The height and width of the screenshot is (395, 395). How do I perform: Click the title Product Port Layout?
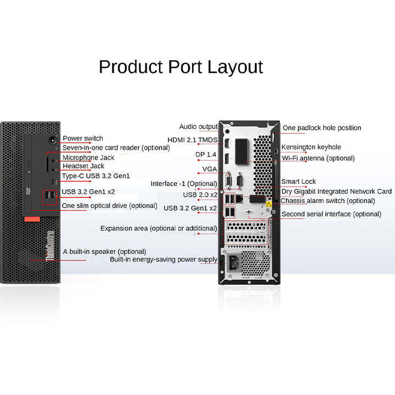coord(180,67)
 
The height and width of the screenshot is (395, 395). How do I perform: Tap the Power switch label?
coord(82,138)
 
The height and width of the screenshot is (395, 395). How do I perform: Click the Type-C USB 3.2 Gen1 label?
coord(95,176)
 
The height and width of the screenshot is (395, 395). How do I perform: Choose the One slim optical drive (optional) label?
coord(110,205)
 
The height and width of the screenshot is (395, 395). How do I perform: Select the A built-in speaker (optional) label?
coord(105,251)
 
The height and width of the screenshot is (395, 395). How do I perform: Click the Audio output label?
coord(199,127)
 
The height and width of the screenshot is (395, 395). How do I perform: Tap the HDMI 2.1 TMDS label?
coord(193,140)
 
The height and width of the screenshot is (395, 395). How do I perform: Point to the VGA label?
coord(210,168)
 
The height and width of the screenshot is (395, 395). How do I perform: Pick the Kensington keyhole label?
coord(311,147)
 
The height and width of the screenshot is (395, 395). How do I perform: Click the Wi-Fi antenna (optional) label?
coord(318,158)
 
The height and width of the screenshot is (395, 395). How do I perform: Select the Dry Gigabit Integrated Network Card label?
coord(336,191)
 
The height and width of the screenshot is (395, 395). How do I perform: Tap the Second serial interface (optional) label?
coord(331,214)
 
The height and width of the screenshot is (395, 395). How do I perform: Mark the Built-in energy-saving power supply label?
coord(163,259)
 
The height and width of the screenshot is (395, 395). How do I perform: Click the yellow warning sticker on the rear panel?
coord(269,204)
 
